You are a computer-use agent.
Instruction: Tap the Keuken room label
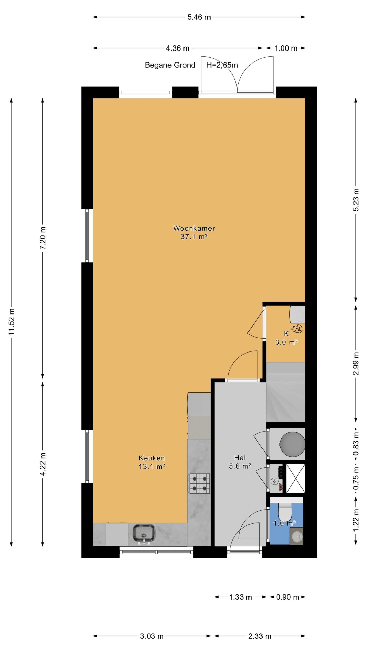[x=152, y=458]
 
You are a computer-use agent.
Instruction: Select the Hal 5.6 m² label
[x=240, y=462]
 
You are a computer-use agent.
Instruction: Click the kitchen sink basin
[x=144, y=533]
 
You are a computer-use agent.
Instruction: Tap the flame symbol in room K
[x=297, y=329]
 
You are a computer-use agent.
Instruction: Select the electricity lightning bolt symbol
[x=274, y=481]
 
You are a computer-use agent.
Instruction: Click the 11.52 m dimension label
[x=12, y=321]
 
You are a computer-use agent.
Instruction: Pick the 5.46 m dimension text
[x=199, y=17]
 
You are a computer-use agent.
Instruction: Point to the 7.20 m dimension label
[x=43, y=238]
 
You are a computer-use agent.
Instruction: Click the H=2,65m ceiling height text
[x=222, y=65]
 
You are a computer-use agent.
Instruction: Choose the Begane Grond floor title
[x=170, y=65]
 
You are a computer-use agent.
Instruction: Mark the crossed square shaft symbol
[x=295, y=478]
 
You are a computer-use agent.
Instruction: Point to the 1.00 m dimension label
[x=286, y=48]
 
